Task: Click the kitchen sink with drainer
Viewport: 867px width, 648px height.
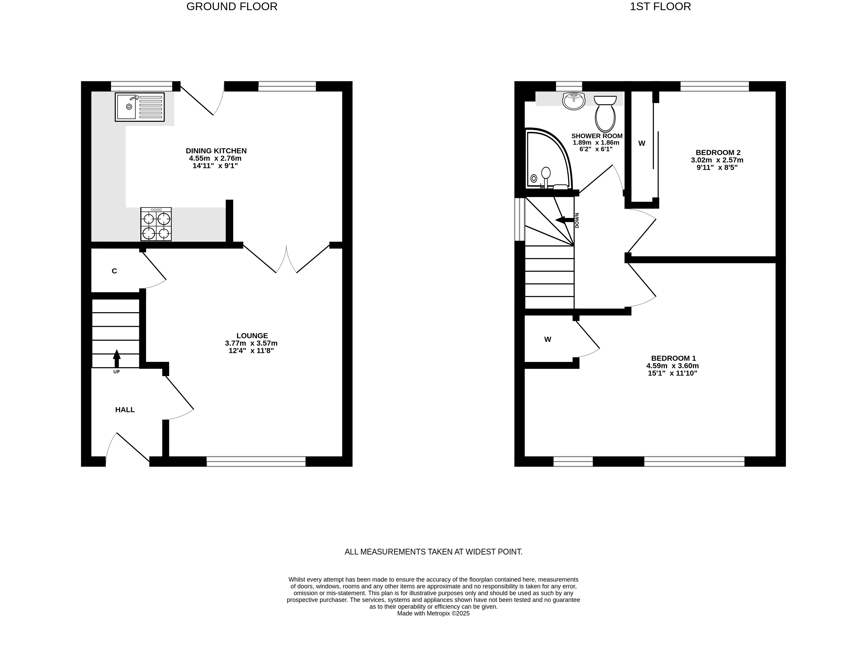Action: pos(139,107)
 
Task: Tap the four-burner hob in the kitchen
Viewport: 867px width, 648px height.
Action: pos(156,224)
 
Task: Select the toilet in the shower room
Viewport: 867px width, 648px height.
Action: pos(605,114)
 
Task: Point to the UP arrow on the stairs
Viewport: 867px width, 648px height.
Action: pos(116,359)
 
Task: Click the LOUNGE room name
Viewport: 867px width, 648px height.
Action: pos(252,336)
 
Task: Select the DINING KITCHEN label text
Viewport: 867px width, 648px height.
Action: pos(216,151)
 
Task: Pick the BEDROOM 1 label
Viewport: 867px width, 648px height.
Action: pos(673,358)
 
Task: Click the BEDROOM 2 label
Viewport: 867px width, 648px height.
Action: pos(718,153)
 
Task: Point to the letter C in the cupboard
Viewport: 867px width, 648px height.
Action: pos(114,271)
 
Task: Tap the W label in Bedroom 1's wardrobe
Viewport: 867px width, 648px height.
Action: pos(548,339)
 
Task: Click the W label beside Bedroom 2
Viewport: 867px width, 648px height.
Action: pos(642,144)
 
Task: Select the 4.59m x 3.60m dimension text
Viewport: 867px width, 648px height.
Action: pos(673,366)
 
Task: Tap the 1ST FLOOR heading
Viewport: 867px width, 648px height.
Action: pos(660,7)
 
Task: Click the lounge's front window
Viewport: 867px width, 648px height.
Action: pos(256,462)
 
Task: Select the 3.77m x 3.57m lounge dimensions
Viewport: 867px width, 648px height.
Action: pos(251,343)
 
